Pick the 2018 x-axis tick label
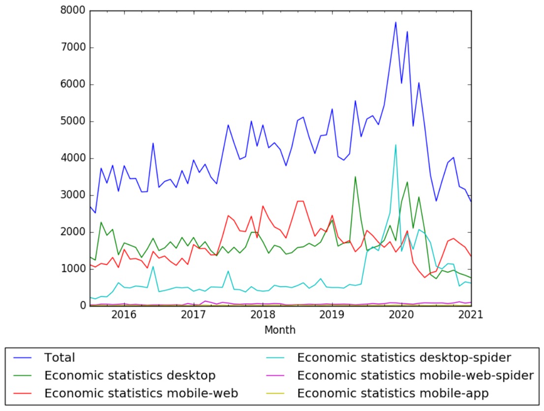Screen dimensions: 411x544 [263, 316]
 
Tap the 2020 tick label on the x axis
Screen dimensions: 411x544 [402, 316]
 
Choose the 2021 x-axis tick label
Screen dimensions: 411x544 [471, 316]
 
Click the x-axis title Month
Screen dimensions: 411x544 [280, 330]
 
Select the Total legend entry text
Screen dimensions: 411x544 [60, 357]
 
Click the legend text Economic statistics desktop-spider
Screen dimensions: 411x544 [404, 357]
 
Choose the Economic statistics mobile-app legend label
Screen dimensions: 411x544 [393, 393]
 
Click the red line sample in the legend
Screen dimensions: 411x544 [24, 393]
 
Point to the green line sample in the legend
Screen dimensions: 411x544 [24, 376]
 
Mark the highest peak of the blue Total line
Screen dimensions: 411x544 [395, 22]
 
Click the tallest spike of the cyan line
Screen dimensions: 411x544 [395, 145]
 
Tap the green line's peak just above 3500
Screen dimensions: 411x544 [355, 177]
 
